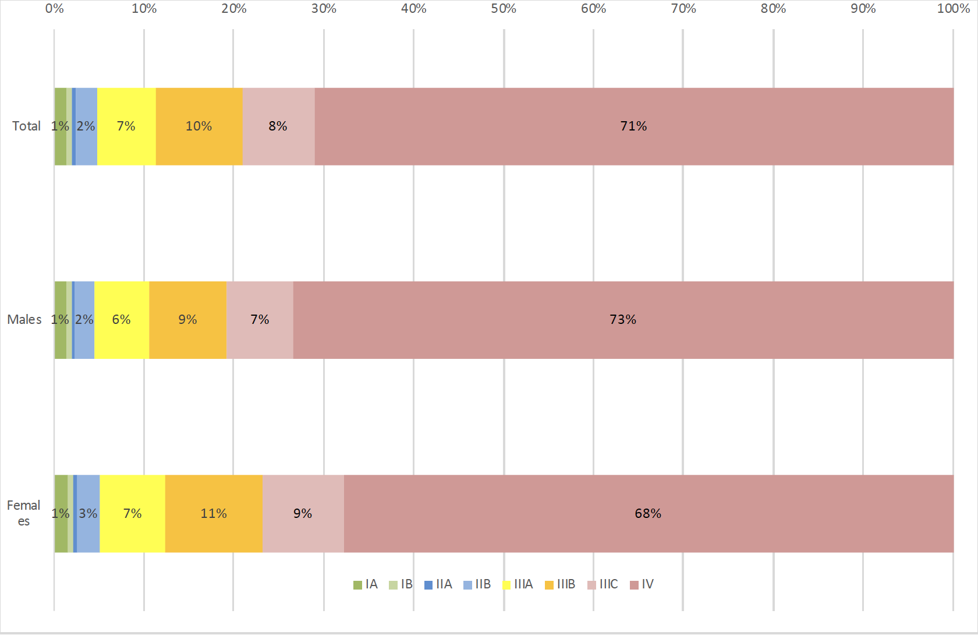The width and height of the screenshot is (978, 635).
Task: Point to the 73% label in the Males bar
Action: tap(623, 320)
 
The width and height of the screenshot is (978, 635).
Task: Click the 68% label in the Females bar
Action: tap(648, 513)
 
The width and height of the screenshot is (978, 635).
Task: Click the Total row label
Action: tap(26, 126)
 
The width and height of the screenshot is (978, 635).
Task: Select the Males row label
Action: tap(24, 320)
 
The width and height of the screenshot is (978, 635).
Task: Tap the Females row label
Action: tap(23, 513)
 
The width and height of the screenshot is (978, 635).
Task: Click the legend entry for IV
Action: tap(642, 584)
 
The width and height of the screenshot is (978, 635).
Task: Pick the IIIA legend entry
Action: tap(518, 584)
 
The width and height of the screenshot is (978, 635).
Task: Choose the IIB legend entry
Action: tap(477, 584)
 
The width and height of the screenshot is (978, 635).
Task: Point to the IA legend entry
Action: tap(366, 584)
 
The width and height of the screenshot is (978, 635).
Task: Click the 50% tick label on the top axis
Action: tap(504, 9)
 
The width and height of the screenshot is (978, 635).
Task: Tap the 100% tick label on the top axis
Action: tap(953, 9)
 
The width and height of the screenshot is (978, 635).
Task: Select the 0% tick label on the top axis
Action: tap(54, 9)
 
